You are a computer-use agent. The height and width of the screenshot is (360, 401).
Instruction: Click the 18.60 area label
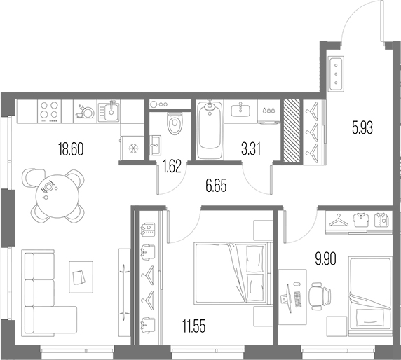[71, 149]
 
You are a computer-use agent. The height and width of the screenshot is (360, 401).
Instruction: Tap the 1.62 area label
[172, 166]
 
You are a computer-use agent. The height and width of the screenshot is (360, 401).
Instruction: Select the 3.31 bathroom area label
[251, 149]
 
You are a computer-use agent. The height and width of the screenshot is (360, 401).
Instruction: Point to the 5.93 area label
[362, 127]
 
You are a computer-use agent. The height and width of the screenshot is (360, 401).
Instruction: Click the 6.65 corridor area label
[216, 186]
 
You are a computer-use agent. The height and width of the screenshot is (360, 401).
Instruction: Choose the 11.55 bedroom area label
[194, 326]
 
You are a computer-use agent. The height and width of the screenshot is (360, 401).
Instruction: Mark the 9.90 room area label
[325, 259]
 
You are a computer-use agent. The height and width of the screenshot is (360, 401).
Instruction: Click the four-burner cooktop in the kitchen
[49, 111]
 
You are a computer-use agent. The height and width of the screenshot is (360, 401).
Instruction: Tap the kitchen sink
[109, 111]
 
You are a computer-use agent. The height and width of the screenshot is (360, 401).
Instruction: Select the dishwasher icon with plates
[85, 111]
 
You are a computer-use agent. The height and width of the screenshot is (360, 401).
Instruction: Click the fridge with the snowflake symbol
[132, 148]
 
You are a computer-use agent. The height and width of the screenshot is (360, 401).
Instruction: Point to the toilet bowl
[175, 123]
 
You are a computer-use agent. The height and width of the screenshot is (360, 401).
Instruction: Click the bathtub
[210, 130]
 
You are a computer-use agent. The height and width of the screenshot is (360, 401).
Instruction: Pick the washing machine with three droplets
[269, 112]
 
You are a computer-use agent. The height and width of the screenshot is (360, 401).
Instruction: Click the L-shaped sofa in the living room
[50, 293]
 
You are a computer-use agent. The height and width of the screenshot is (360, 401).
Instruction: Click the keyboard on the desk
[297, 300]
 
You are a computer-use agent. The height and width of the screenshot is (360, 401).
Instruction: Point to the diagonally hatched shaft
[292, 131]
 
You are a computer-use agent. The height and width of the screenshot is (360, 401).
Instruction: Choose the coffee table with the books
[81, 277]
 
